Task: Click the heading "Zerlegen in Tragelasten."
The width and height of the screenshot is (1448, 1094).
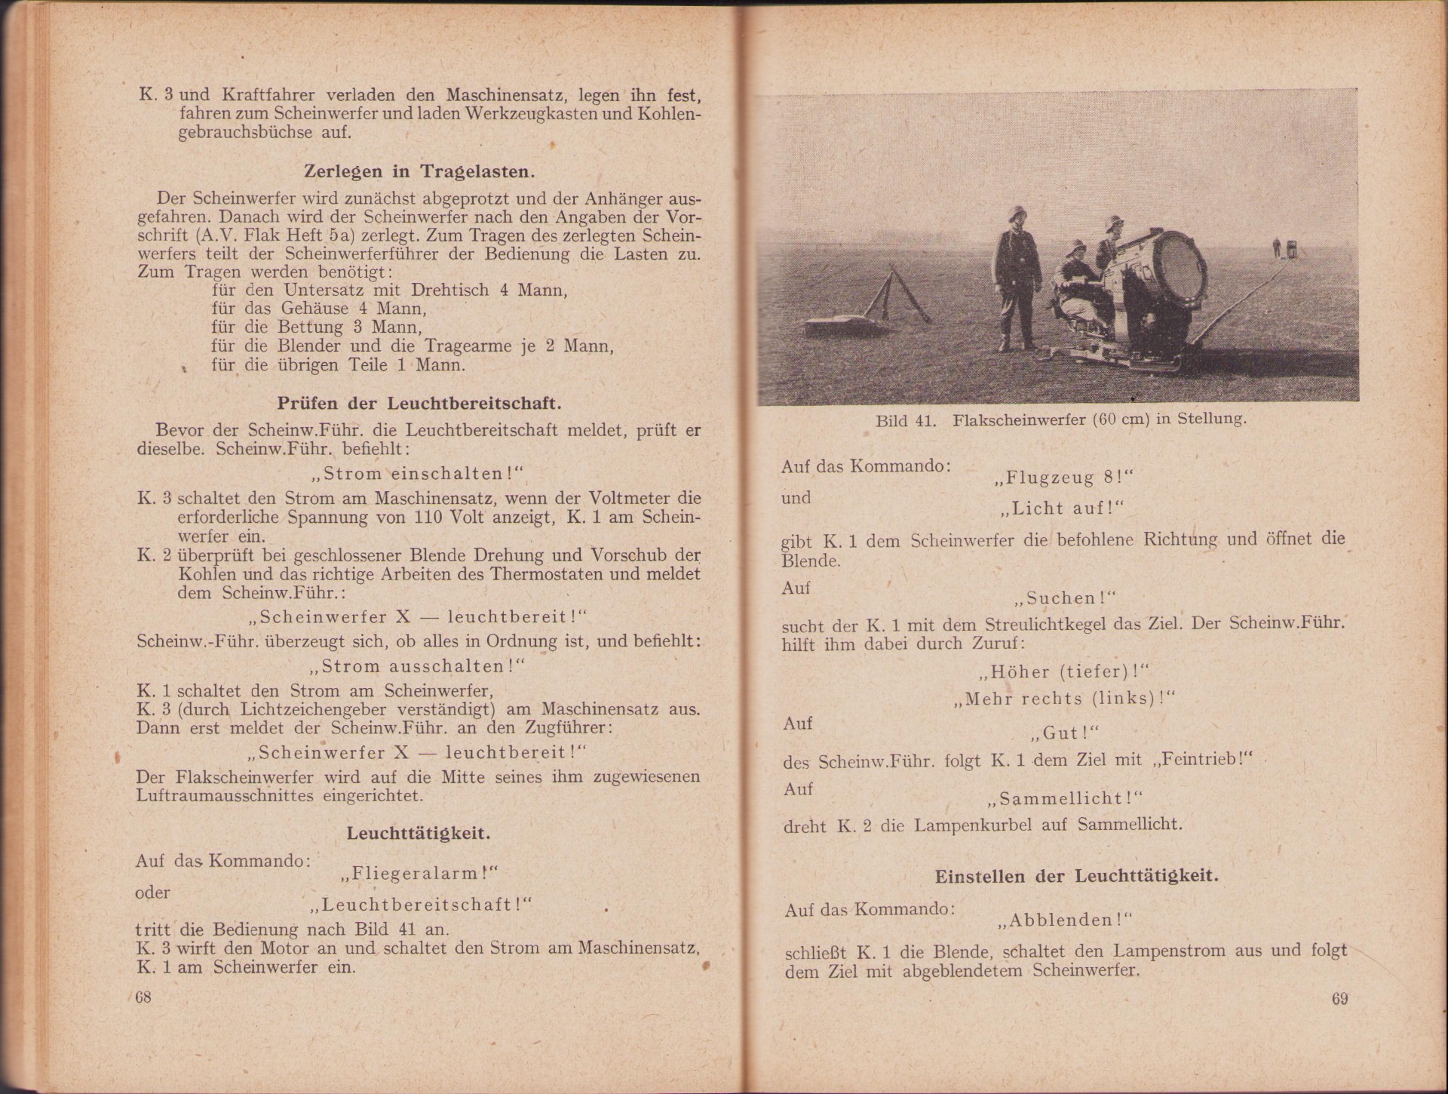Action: pos(419,171)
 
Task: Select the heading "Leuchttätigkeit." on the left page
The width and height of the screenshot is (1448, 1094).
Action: pos(419,833)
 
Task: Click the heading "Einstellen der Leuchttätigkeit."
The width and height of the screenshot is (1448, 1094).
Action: pos(1076,876)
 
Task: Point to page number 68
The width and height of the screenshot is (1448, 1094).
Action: pos(143,997)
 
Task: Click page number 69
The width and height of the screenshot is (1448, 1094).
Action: pos(1339,999)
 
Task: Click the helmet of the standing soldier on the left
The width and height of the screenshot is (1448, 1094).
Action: pos(1012,216)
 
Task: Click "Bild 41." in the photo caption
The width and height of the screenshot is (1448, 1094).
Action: pos(906,420)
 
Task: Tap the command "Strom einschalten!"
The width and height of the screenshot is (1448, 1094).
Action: pos(418,474)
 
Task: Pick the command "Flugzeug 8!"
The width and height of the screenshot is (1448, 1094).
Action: pos(1064,478)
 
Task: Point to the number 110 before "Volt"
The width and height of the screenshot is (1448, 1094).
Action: pos(428,518)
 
